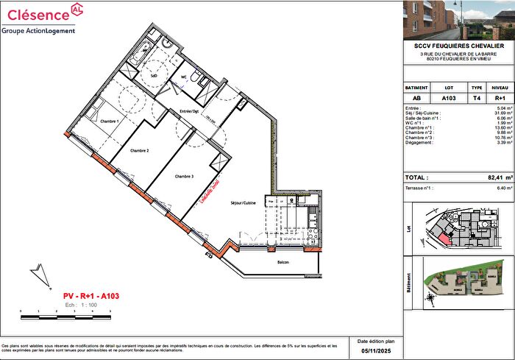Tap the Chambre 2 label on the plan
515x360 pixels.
coord(140,150)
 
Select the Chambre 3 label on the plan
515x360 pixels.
coord(184,177)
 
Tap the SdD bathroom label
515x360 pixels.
coord(154,76)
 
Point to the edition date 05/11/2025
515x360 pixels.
coord(375,351)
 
